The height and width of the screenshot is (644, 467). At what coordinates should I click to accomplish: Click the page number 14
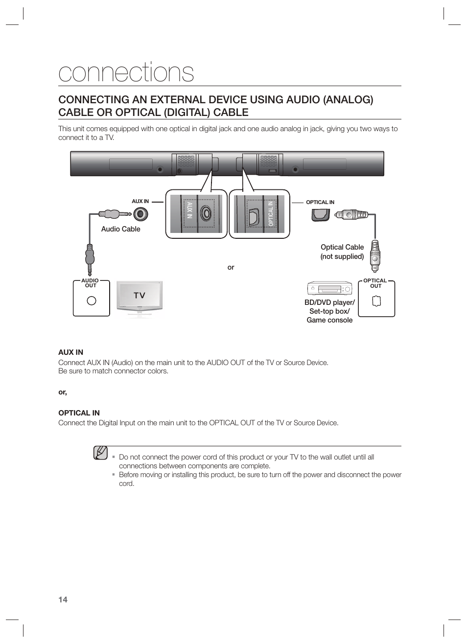pyautogui.click(x=63, y=599)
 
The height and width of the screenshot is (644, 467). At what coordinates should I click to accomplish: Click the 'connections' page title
pyautogui.click(x=126, y=73)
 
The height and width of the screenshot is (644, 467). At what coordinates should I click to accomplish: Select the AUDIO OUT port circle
pyautogui.click(x=91, y=301)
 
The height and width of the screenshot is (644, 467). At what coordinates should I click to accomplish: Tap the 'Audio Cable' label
pyautogui.click(x=120, y=229)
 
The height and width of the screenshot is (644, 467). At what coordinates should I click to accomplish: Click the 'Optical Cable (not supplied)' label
pyautogui.click(x=342, y=252)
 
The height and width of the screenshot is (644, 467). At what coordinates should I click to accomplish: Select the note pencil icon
pyautogui.click(x=100, y=453)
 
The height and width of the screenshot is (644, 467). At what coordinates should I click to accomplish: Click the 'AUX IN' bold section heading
pyautogui.click(x=70, y=352)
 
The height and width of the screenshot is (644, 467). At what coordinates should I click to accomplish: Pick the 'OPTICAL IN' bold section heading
pyautogui.click(x=79, y=413)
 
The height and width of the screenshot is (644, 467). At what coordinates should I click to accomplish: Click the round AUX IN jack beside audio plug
pyautogui.click(x=141, y=214)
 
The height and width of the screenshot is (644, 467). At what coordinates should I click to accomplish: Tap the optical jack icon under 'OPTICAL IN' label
pyautogui.click(x=321, y=214)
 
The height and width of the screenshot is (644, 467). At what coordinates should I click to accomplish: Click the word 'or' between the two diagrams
pyautogui.click(x=231, y=267)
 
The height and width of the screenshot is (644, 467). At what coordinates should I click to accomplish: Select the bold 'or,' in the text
pyautogui.click(x=63, y=392)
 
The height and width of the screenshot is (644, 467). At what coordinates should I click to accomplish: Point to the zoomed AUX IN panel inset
pyautogui.click(x=196, y=214)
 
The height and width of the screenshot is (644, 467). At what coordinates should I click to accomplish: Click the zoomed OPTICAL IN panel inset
pyautogui.click(x=259, y=214)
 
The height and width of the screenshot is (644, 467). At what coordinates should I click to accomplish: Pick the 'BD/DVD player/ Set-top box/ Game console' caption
pyautogui.click(x=329, y=311)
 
